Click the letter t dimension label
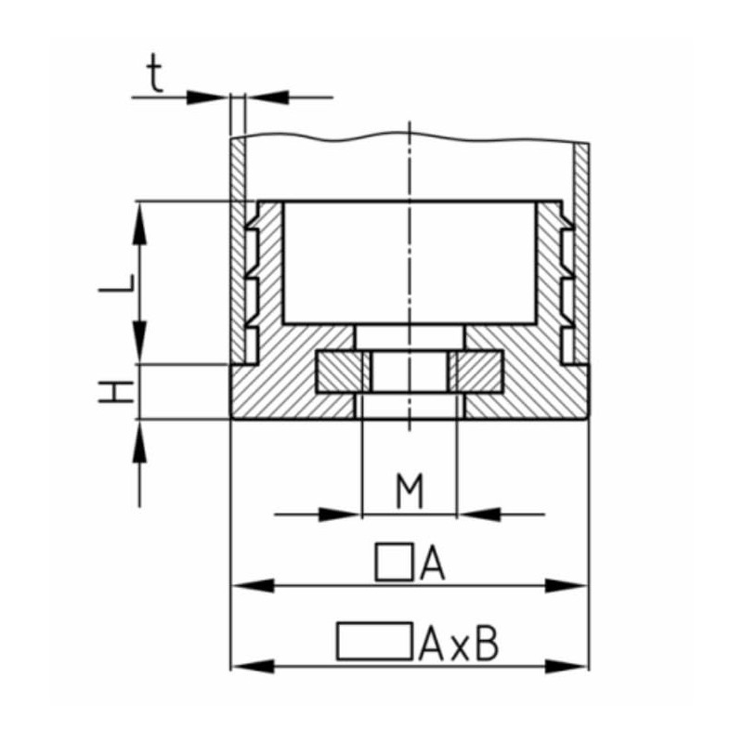coord(155,72)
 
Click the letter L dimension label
coord(117,283)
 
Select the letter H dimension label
coord(116,391)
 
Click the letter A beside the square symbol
coord(432,562)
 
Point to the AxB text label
coord(459,643)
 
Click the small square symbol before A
coord(394,562)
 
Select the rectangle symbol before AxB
coord(374,642)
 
